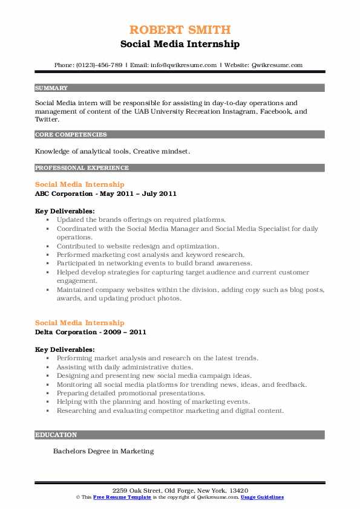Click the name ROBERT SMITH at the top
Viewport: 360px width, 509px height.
pos(180,30)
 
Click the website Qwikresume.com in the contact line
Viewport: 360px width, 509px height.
pos(277,65)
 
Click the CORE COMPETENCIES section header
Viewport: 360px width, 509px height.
pos(71,135)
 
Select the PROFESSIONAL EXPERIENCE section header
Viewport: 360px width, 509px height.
pos(82,168)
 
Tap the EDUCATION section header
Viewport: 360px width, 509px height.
pos(56,435)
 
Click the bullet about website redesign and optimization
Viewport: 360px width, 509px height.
pos(137,246)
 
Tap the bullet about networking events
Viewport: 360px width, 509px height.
pos(154,263)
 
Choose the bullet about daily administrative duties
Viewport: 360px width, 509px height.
pos(125,366)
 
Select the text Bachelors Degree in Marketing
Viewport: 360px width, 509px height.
pos(103,451)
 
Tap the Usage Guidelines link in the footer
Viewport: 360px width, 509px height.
pos(262,497)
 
